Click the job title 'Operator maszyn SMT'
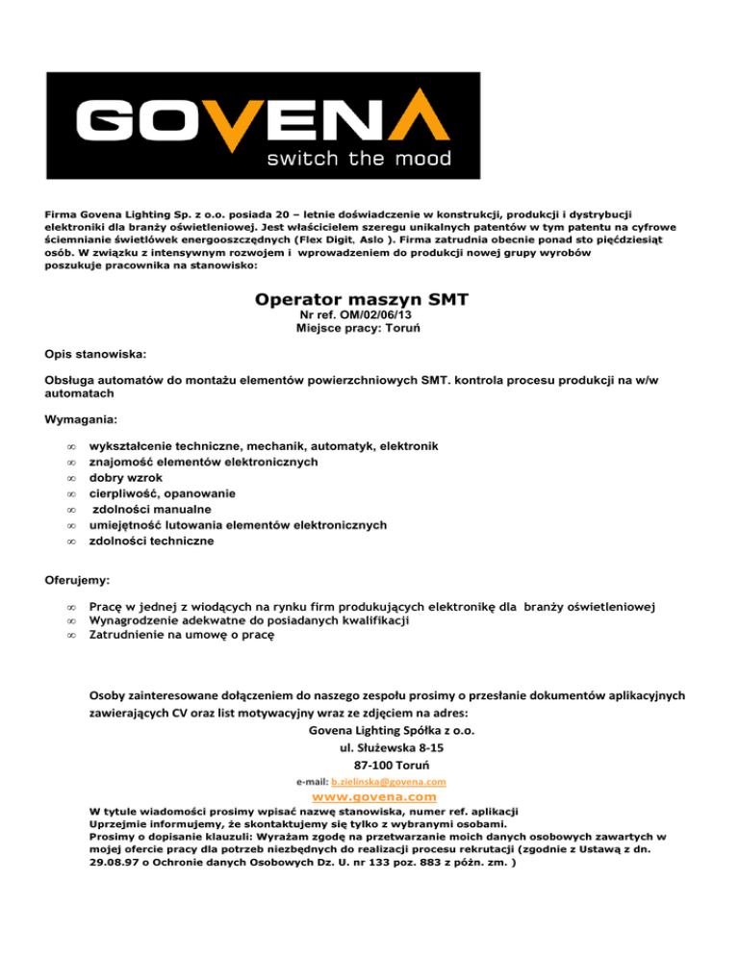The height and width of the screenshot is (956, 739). click(x=362, y=300)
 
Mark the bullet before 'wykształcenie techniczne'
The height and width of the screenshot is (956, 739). click(x=69, y=446)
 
